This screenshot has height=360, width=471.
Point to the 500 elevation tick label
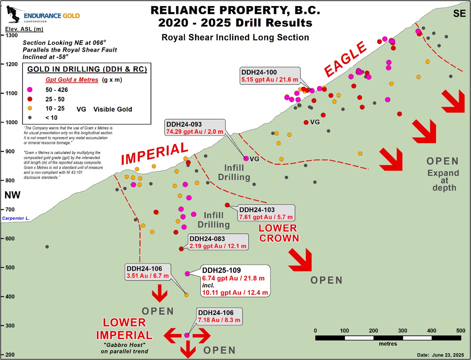click(x=10, y=268)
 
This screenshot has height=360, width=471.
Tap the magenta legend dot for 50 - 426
click(x=30, y=90)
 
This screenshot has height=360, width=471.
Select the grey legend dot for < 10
click(x=30, y=118)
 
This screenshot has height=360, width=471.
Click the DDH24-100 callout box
click(x=270, y=76)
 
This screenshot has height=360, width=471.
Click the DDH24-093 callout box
click(x=195, y=128)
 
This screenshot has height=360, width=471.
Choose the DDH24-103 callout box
click(x=266, y=213)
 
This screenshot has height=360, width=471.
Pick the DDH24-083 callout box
click(x=218, y=242)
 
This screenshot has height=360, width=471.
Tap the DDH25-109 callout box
click(x=235, y=281)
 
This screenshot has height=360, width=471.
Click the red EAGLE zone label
click(x=345, y=59)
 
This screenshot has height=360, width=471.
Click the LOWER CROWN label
click(x=279, y=233)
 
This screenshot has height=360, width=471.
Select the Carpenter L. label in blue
click(x=16, y=218)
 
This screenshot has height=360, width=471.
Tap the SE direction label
click(x=459, y=13)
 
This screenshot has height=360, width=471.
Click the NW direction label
click(x=12, y=195)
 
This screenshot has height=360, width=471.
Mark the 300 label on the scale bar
click(x=403, y=331)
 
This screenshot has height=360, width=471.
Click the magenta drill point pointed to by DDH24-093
click(x=246, y=158)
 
